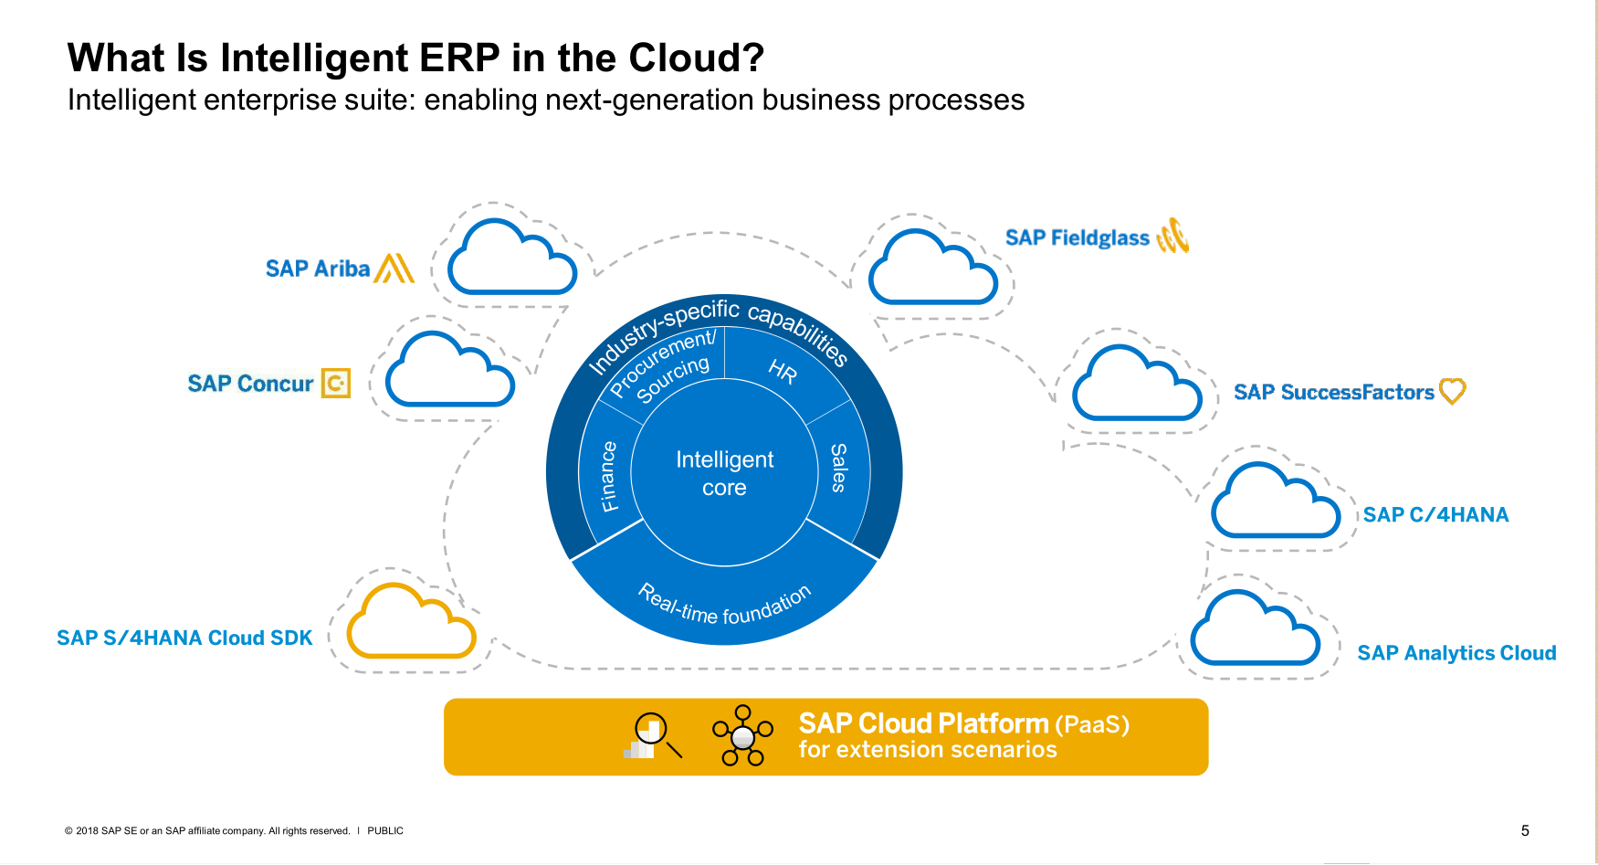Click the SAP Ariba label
[x=317, y=269]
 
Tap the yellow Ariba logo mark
[x=394, y=268]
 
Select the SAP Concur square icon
[x=336, y=383]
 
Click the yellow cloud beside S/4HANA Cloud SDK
[x=411, y=623]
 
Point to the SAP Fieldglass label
[x=1077, y=237]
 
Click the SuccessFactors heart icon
[x=1452, y=391]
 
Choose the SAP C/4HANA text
[x=1435, y=515]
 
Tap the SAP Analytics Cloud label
[x=1456, y=653]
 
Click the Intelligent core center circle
[x=724, y=473]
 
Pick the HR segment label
[x=783, y=371]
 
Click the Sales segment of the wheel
[x=839, y=468]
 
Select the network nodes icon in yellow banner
[x=742, y=734]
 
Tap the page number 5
[x=1525, y=830]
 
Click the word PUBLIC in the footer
[x=385, y=830]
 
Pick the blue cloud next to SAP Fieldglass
[x=932, y=269]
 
